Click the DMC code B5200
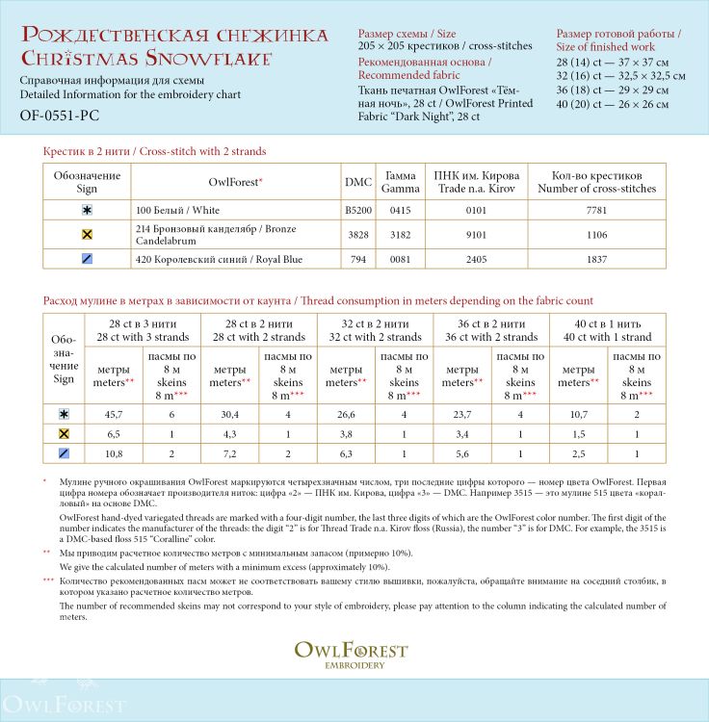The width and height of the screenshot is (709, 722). click(x=357, y=210)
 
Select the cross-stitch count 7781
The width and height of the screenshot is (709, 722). click(x=597, y=210)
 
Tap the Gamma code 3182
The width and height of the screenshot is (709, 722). click(x=400, y=234)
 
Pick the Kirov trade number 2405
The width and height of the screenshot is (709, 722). click(x=477, y=259)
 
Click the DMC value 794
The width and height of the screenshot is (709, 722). click(x=357, y=259)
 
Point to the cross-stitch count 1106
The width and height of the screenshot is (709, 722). click(x=597, y=234)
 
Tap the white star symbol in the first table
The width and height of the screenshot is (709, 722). click(x=88, y=210)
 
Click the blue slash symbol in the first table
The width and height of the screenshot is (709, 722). click(x=88, y=259)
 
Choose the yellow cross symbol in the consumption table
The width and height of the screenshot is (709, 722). click(x=64, y=433)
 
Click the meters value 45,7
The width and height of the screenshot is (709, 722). click(x=113, y=414)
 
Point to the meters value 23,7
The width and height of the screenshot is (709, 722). click(x=461, y=414)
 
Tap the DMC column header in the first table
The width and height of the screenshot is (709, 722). click(x=357, y=182)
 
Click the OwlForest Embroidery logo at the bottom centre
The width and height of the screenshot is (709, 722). click(x=351, y=654)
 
